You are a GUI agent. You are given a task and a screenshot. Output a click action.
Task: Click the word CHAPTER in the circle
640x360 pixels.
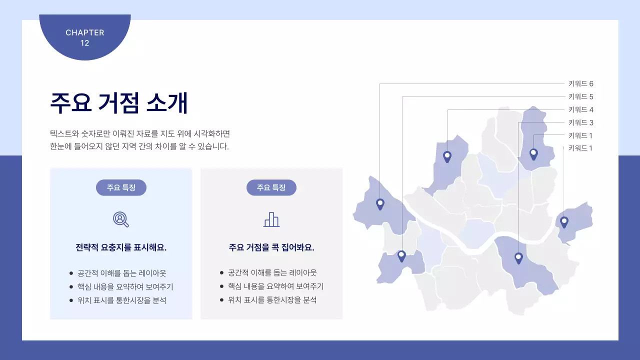point(85,32)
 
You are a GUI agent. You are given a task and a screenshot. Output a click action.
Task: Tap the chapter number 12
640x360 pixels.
point(85,43)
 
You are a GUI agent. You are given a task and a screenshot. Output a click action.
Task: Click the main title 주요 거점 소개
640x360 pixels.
point(119,103)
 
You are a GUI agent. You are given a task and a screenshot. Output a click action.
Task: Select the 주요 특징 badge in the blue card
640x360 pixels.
point(121,187)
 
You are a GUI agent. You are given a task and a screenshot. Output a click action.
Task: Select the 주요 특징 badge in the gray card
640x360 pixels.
point(271,187)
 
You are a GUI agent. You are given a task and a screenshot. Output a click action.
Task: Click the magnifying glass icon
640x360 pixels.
point(121,219)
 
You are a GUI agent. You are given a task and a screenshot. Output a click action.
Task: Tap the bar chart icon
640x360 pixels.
point(271,219)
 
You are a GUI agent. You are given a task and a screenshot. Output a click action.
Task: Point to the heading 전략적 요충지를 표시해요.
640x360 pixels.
point(121,247)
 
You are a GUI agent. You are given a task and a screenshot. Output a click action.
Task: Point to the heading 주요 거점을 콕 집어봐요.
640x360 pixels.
point(271,247)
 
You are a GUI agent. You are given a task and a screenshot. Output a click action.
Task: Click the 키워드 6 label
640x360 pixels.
point(580,84)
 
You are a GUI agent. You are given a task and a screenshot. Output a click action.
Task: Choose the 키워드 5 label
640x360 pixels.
point(580,97)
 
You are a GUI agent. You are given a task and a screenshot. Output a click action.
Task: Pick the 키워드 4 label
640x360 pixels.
point(580,110)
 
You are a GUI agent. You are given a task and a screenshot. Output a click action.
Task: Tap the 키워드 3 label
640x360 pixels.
point(580,123)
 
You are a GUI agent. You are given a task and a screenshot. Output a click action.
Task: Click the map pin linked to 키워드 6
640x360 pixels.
point(380,203)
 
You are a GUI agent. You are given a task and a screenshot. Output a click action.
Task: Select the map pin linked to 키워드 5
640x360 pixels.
point(401,255)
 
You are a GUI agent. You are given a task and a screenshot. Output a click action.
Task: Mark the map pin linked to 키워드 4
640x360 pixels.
point(447,156)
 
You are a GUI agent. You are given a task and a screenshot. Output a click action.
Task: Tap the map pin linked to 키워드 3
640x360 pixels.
point(518,258)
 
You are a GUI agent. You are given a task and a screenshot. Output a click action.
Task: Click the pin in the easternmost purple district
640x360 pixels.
point(564,221)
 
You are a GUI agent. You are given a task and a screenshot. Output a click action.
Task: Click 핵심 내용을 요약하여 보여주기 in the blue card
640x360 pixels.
point(125,287)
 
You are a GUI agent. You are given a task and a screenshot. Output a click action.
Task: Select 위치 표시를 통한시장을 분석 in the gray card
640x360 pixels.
point(272,300)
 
